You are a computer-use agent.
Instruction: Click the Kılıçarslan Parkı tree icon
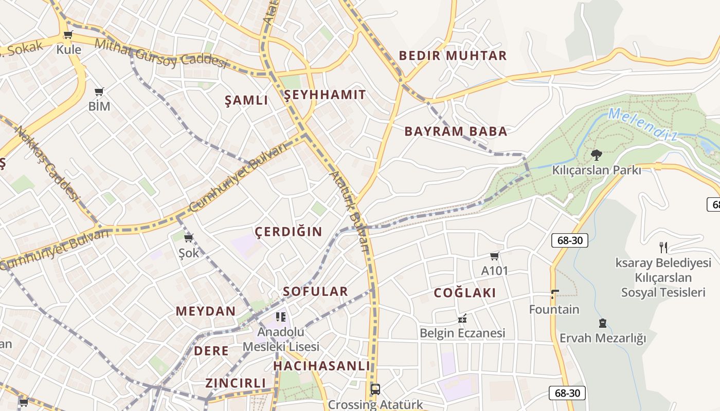[x=597, y=155]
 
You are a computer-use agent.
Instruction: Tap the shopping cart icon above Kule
[x=68, y=35]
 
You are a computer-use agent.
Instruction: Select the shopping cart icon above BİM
[x=99, y=91]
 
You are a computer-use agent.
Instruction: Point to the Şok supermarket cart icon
[x=189, y=238]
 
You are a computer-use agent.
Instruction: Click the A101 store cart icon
[x=495, y=256]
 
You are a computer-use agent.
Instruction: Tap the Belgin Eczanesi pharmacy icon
[x=462, y=319]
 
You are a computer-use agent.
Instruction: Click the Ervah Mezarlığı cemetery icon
[x=602, y=324]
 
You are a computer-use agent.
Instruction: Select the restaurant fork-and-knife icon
[x=663, y=248]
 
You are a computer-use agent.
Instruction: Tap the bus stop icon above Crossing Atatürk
[x=375, y=389]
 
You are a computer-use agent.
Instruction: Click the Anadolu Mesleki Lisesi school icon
[x=280, y=316]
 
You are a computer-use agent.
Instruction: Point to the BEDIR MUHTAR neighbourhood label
[x=453, y=55]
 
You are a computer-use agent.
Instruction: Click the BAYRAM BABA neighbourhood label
[x=456, y=132]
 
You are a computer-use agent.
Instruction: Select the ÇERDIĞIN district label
[x=289, y=232]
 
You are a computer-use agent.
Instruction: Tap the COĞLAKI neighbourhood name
[x=465, y=293]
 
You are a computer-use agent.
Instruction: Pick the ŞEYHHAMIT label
[x=325, y=95]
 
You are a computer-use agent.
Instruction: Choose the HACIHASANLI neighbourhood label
[x=321, y=366]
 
